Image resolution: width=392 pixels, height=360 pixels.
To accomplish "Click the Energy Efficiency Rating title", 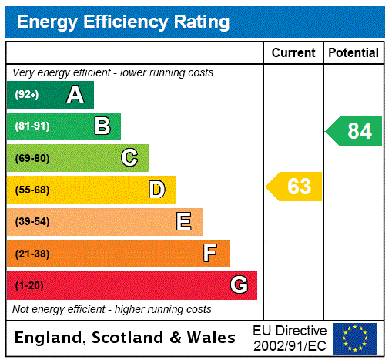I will (123, 22).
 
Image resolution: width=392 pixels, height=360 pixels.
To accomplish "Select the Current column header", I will (293, 53).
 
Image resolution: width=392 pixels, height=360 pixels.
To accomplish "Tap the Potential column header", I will (353, 53).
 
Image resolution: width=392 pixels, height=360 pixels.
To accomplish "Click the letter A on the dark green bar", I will (75, 95).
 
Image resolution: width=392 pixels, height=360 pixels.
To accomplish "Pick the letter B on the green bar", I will (102, 126).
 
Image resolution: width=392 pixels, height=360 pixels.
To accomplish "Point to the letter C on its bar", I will (129, 158).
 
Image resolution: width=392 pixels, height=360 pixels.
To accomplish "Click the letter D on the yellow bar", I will (156, 190).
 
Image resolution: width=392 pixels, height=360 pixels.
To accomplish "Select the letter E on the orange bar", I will (184, 222).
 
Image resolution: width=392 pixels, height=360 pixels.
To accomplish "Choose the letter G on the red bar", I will (239, 285).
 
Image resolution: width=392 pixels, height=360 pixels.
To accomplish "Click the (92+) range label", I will (27, 95).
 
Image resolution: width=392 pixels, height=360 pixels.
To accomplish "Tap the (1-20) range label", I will (29, 286).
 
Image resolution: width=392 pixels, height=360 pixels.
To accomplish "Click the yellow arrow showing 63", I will (294, 187).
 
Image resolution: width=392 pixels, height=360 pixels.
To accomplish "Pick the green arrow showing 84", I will (354, 131).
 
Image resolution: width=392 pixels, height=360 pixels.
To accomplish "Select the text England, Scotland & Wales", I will (126, 338).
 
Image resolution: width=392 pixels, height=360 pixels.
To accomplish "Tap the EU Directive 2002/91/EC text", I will (290, 338).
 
